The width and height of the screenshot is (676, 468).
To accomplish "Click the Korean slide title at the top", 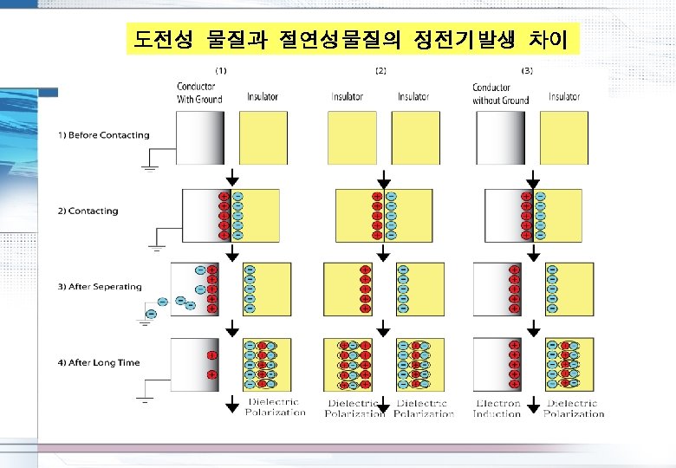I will coord(351,38).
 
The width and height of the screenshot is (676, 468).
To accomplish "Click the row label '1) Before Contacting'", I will coord(104,135).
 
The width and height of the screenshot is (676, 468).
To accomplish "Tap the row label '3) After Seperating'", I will coord(106,287).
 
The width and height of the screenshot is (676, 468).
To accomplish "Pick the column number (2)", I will coord(380,70).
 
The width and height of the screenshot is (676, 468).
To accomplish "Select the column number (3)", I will coord(527,70).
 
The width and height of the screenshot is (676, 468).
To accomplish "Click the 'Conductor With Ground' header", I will coord(199,93).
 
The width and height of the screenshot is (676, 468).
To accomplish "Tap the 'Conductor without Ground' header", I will coord(500,93).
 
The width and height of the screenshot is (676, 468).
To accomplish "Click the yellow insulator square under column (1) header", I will coord(263,138).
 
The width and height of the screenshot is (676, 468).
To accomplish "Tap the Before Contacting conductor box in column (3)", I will coord(500,138).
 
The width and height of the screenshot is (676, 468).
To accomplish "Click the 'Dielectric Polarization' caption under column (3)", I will coord(574,408).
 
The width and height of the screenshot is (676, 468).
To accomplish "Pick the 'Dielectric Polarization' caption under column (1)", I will coord(275,407).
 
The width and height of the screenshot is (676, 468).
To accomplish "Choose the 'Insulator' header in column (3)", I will coord(564,97).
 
